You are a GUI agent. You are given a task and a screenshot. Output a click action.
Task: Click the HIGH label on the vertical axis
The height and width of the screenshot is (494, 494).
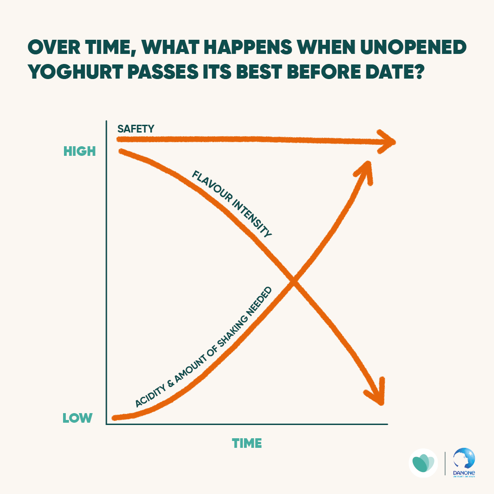pyautogui.click(x=80, y=151)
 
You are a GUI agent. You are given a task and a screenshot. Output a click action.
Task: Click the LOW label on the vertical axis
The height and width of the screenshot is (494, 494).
pyautogui.click(x=78, y=418)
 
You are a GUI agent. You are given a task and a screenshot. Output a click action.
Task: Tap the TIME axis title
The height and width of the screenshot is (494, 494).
pyautogui.click(x=247, y=443)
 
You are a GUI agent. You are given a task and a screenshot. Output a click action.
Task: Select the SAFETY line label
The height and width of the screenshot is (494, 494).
pyautogui.click(x=136, y=128)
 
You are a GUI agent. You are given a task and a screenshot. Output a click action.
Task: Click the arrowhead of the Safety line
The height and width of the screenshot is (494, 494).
pyautogui.click(x=386, y=140)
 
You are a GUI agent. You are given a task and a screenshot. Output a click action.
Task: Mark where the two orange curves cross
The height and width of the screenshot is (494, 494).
pyautogui.click(x=294, y=282)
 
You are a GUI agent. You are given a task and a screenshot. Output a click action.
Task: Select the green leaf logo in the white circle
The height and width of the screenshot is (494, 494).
pyautogui.click(x=423, y=463)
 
